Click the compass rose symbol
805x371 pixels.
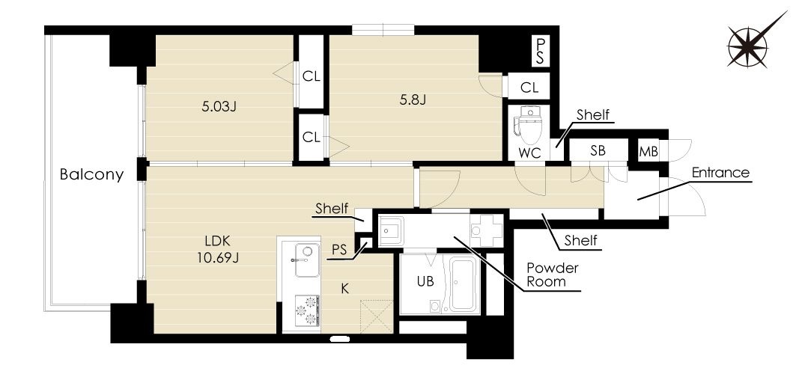click(x=748, y=46)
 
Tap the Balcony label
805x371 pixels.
click(x=92, y=174)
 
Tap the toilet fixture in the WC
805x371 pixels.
click(x=528, y=125)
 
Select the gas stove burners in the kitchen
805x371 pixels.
click(x=307, y=310)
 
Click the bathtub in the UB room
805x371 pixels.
click(x=464, y=284)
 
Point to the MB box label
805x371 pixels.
click(x=648, y=152)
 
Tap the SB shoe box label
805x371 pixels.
click(x=598, y=150)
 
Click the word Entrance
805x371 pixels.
click(x=720, y=173)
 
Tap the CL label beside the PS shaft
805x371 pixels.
click(x=529, y=88)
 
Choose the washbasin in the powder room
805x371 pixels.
click(x=392, y=231)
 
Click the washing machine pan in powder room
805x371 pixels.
click(x=486, y=230)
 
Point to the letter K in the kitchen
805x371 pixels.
click(x=345, y=289)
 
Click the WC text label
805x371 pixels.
click(x=530, y=153)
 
